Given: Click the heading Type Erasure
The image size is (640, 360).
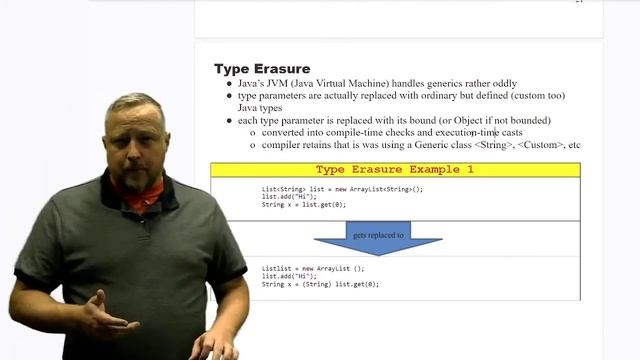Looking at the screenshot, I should click(262, 69).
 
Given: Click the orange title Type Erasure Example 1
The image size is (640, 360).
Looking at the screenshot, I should click(394, 170).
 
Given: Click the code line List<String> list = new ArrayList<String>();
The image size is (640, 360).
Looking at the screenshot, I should click(342, 189).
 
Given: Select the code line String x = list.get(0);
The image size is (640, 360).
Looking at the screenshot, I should click(304, 205).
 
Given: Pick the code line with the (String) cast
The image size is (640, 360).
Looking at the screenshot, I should click(320, 284).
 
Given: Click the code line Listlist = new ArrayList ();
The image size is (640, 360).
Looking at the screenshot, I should click(313, 268).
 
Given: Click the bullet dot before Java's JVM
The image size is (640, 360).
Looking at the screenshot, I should click(228, 84).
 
